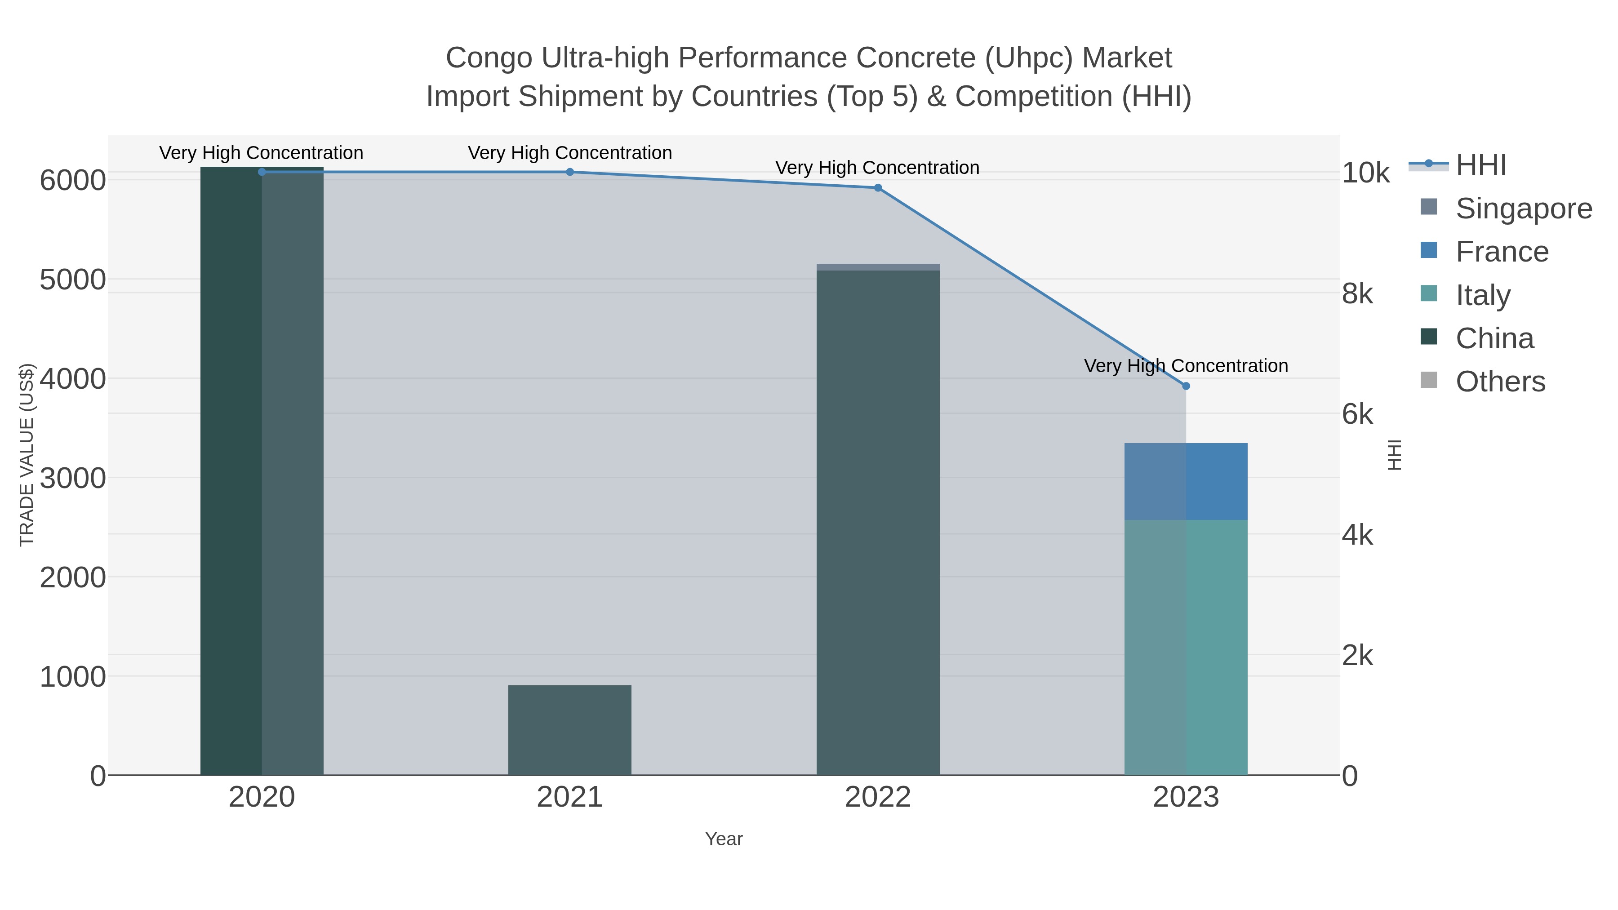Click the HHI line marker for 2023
point(1186,386)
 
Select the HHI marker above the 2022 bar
point(878,188)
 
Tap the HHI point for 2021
point(570,172)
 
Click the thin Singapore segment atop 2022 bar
point(878,267)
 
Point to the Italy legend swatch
point(1428,293)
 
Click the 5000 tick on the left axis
point(73,280)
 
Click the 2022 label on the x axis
point(878,798)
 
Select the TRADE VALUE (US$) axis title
point(27,455)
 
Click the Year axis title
point(724,839)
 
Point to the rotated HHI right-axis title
point(1394,455)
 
